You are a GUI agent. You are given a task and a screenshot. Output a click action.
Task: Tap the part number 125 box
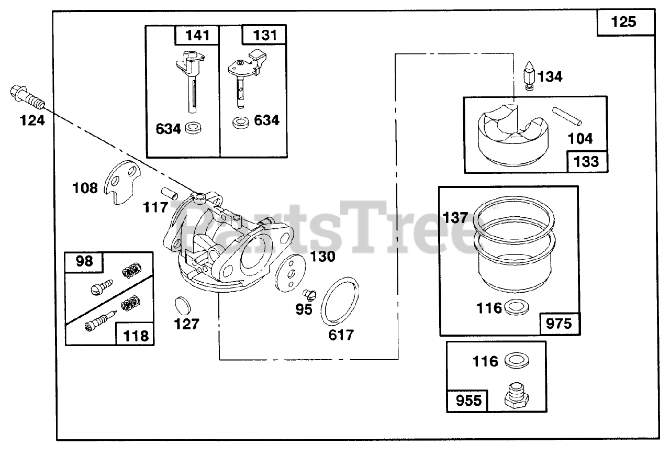626,22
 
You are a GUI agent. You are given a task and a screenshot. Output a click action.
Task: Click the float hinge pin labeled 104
567,116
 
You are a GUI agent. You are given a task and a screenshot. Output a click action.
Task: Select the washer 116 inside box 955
516,361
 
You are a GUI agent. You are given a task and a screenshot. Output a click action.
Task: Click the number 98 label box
84,261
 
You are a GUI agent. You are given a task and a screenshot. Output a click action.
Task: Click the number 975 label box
559,323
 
